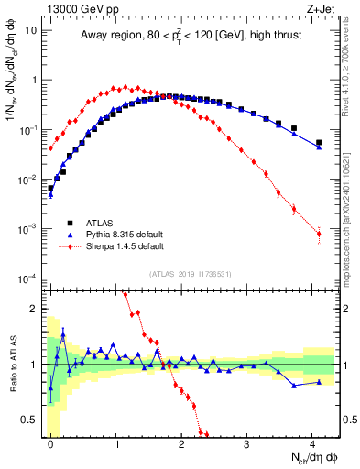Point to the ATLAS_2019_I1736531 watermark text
click(x=190, y=274)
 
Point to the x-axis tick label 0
click(x=50, y=443)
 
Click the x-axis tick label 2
click(x=181, y=443)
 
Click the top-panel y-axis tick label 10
click(x=30, y=29)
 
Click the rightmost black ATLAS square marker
click(x=319, y=143)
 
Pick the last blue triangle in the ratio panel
click(x=319, y=382)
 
